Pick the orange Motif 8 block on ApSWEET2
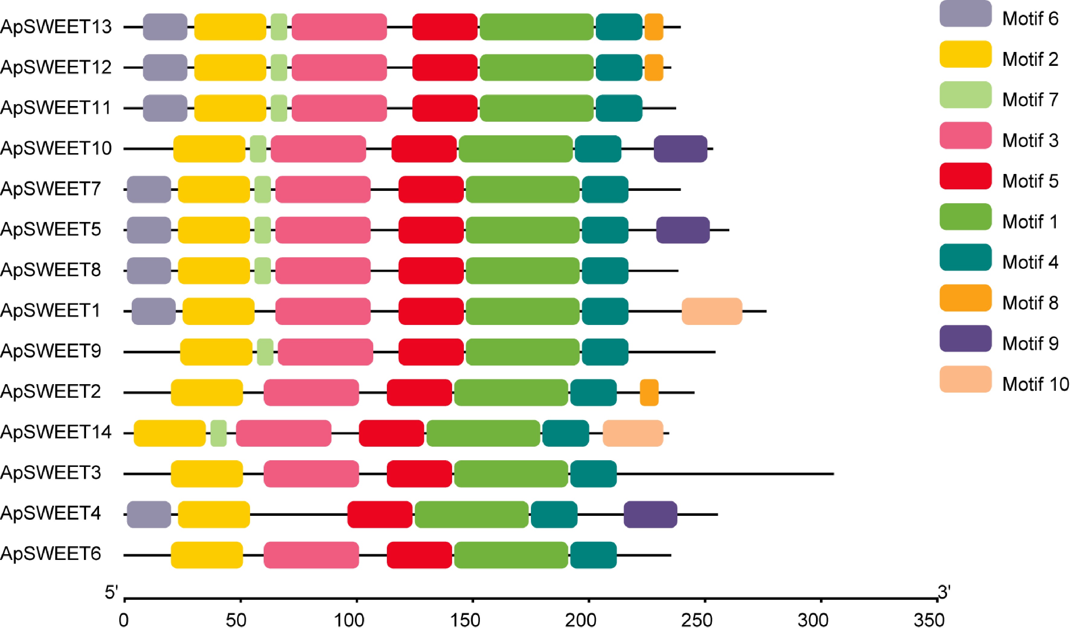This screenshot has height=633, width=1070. coord(649,392)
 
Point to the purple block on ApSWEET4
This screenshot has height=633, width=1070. coord(650,514)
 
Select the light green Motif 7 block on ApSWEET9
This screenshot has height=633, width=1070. coord(265,352)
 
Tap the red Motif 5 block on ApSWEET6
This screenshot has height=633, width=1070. coord(419,555)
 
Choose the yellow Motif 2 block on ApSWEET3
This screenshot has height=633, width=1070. coord(207,474)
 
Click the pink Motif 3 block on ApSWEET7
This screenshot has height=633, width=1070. coord(323,189)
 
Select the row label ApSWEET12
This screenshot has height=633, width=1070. coord(56,67)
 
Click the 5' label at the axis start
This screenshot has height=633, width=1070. coord(111,593)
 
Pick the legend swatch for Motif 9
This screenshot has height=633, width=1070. coord(965,339)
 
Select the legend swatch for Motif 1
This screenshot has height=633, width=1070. coord(965,217)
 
